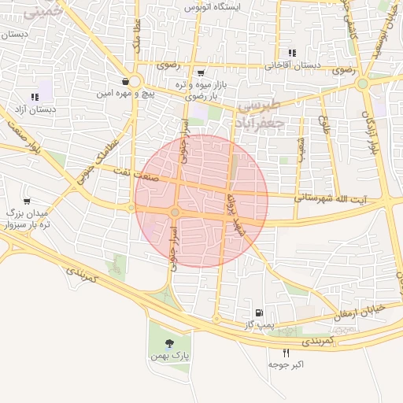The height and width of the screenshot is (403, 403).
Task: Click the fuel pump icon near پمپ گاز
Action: coord(259,312)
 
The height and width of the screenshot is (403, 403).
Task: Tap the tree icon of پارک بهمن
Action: coord(170,342)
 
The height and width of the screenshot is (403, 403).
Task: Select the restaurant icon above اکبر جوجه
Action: coord(286,352)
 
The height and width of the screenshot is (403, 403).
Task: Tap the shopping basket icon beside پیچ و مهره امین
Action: coord(125,81)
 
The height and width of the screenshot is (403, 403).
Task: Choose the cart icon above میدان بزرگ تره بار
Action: coord(27,201)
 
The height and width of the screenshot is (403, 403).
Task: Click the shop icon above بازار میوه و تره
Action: coord(201,72)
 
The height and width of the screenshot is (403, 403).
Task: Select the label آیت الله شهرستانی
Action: coord(331,197)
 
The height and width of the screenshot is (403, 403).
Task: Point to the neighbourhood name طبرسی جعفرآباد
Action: coord(260,114)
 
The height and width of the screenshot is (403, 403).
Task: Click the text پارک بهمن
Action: coord(170,356)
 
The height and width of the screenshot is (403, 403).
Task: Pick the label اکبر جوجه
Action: coord(286,365)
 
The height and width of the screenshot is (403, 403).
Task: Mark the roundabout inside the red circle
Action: coord(175,213)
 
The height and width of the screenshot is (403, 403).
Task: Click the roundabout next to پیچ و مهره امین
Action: coord(134,81)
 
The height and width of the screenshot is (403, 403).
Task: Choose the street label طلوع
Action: coord(324,126)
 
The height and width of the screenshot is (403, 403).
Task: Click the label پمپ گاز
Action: coord(257,324)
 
